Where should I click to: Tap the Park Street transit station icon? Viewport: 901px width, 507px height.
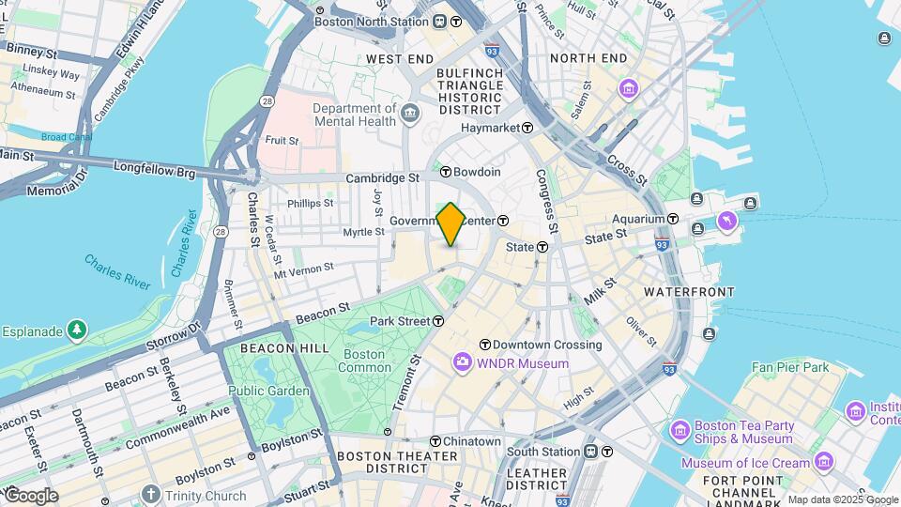pyautogui.click(x=438, y=321)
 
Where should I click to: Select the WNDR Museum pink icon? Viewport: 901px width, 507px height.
pyautogui.click(x=462, y=362)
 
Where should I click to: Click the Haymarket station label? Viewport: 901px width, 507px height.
pyautogui.click(x=487, y=127)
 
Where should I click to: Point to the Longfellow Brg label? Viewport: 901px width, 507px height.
pyautogui.click(x=154, y=172)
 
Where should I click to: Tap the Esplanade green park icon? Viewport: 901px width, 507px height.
pyautogui.click(x=76, y=330)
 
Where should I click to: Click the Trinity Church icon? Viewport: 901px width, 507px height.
pyautogui.click(x=150, y=494)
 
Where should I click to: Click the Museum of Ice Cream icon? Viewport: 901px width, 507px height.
pyautogui.click(x=823, y=461)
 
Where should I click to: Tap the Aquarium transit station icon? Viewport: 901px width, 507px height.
pyautogui.click(x=674, y=218)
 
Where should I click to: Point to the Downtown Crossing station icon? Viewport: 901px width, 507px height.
pyautogui.click(x=485, y=345)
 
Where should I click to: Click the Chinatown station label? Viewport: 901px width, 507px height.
pyautogui.click(x=472, y=441)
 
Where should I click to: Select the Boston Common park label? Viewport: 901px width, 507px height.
pyautogui.click(x=364, y=361)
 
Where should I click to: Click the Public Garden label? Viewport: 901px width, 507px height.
pyautogui.click(x=268, y=391)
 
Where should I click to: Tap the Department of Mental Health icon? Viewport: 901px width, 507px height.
pyautogui.click(x=410, y=114)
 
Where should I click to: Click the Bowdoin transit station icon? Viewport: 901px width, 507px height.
pyautogui.click(x=446, y=173)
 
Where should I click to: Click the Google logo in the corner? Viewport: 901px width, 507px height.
pyautogui.click(x=30, y=495)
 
